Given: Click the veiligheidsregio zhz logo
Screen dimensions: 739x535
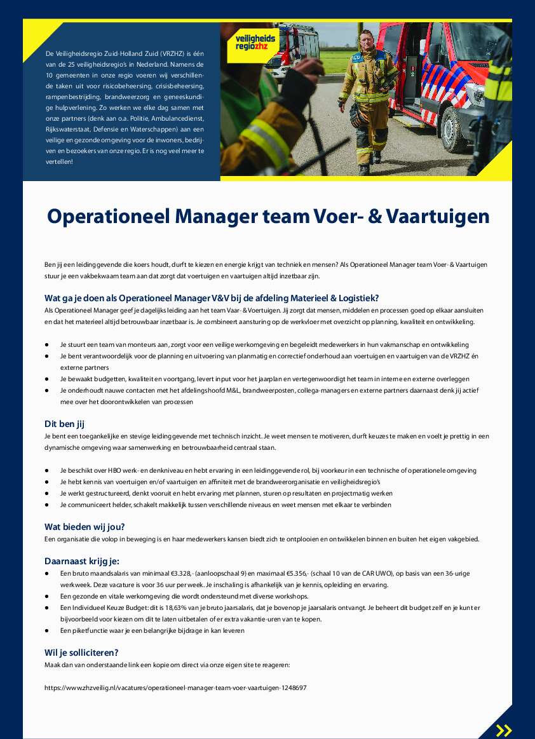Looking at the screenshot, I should (x=252, y=43).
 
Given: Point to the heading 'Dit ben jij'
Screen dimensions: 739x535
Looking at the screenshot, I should (x=64, y=424).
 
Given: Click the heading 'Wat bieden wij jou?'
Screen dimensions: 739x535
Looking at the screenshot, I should (x=85, y=526).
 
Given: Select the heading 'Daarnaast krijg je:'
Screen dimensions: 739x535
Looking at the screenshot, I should (x=82, y=560).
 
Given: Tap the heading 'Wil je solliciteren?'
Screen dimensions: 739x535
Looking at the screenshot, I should (x=81, y=652).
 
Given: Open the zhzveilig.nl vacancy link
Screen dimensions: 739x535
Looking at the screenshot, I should (x=175, y=688).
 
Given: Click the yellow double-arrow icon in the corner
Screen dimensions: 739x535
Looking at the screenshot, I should (x=504, y=730).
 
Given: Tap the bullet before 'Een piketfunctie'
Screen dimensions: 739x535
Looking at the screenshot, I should (x=47, y=630).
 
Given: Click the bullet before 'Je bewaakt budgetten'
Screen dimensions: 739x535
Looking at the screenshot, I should (x=47, y=379).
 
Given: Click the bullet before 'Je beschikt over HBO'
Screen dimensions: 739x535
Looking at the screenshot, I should (x=47, y=470).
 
